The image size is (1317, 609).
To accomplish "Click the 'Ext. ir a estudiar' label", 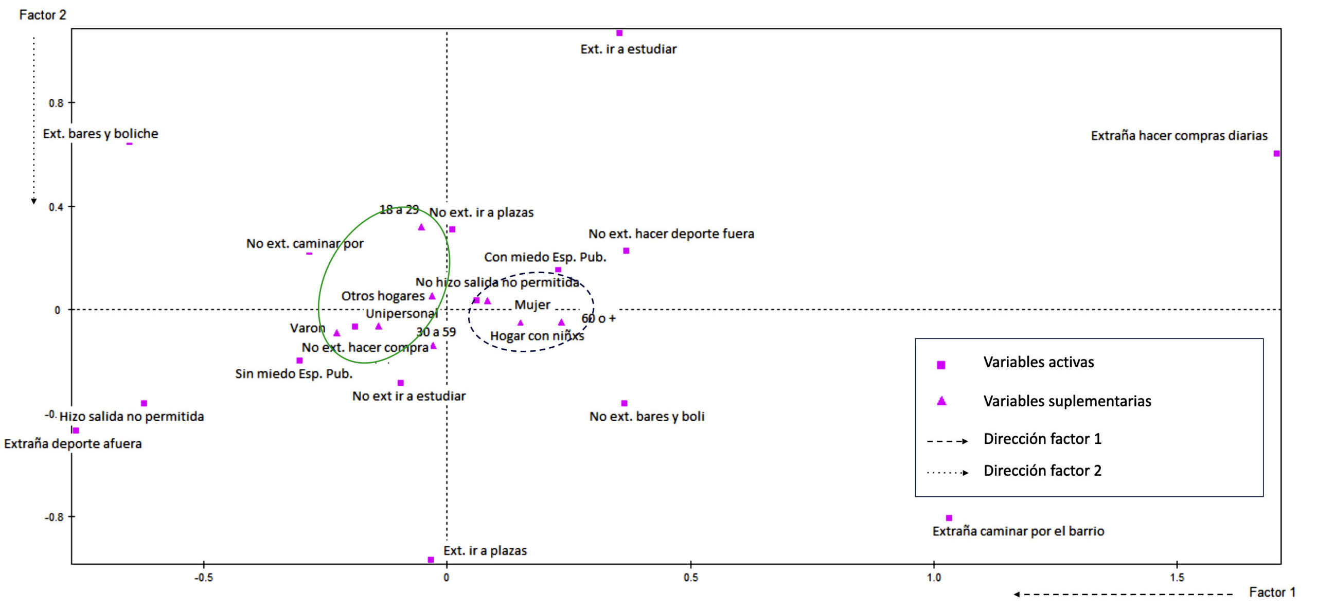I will [628, 49].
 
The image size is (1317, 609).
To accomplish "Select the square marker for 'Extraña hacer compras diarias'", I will [1276, 153].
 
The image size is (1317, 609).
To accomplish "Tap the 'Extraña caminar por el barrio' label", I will [1018, 531].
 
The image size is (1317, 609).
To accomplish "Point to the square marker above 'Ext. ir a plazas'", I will [431, 560].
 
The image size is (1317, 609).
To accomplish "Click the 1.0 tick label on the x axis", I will [934, 578].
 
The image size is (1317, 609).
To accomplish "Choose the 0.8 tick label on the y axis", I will [56, 103].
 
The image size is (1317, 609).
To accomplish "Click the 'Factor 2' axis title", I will [43, 15].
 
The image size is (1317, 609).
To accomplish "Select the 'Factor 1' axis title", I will [1272, 593].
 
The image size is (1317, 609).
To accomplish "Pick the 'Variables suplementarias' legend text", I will [1067, 401].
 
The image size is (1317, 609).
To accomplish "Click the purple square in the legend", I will [941, 365].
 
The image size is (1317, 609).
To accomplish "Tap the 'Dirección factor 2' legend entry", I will [1042, 471].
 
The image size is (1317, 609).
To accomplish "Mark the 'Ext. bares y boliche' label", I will [100, 134].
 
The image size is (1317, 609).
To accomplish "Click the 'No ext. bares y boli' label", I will [647, 417].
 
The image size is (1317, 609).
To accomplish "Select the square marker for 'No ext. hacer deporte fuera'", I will [626, 251].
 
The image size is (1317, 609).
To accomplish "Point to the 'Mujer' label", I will [532, 305].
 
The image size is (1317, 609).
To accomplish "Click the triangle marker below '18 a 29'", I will [421, 227].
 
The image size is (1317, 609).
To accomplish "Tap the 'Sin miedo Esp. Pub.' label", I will [294, 374].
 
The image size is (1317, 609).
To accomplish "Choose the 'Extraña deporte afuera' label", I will [73, 444].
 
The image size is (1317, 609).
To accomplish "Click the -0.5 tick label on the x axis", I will [203, 578].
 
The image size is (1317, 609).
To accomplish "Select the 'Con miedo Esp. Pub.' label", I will [545, 257].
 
